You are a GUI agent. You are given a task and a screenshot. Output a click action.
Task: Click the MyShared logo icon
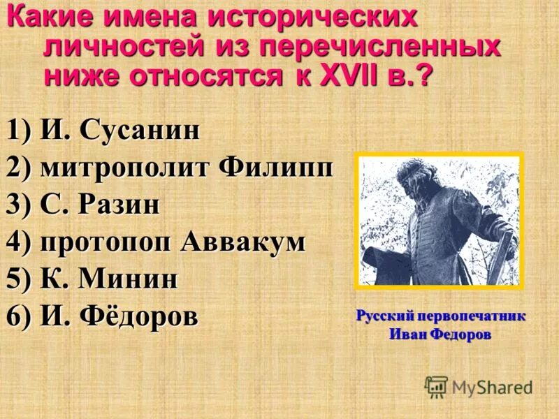(x=436, y=386)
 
